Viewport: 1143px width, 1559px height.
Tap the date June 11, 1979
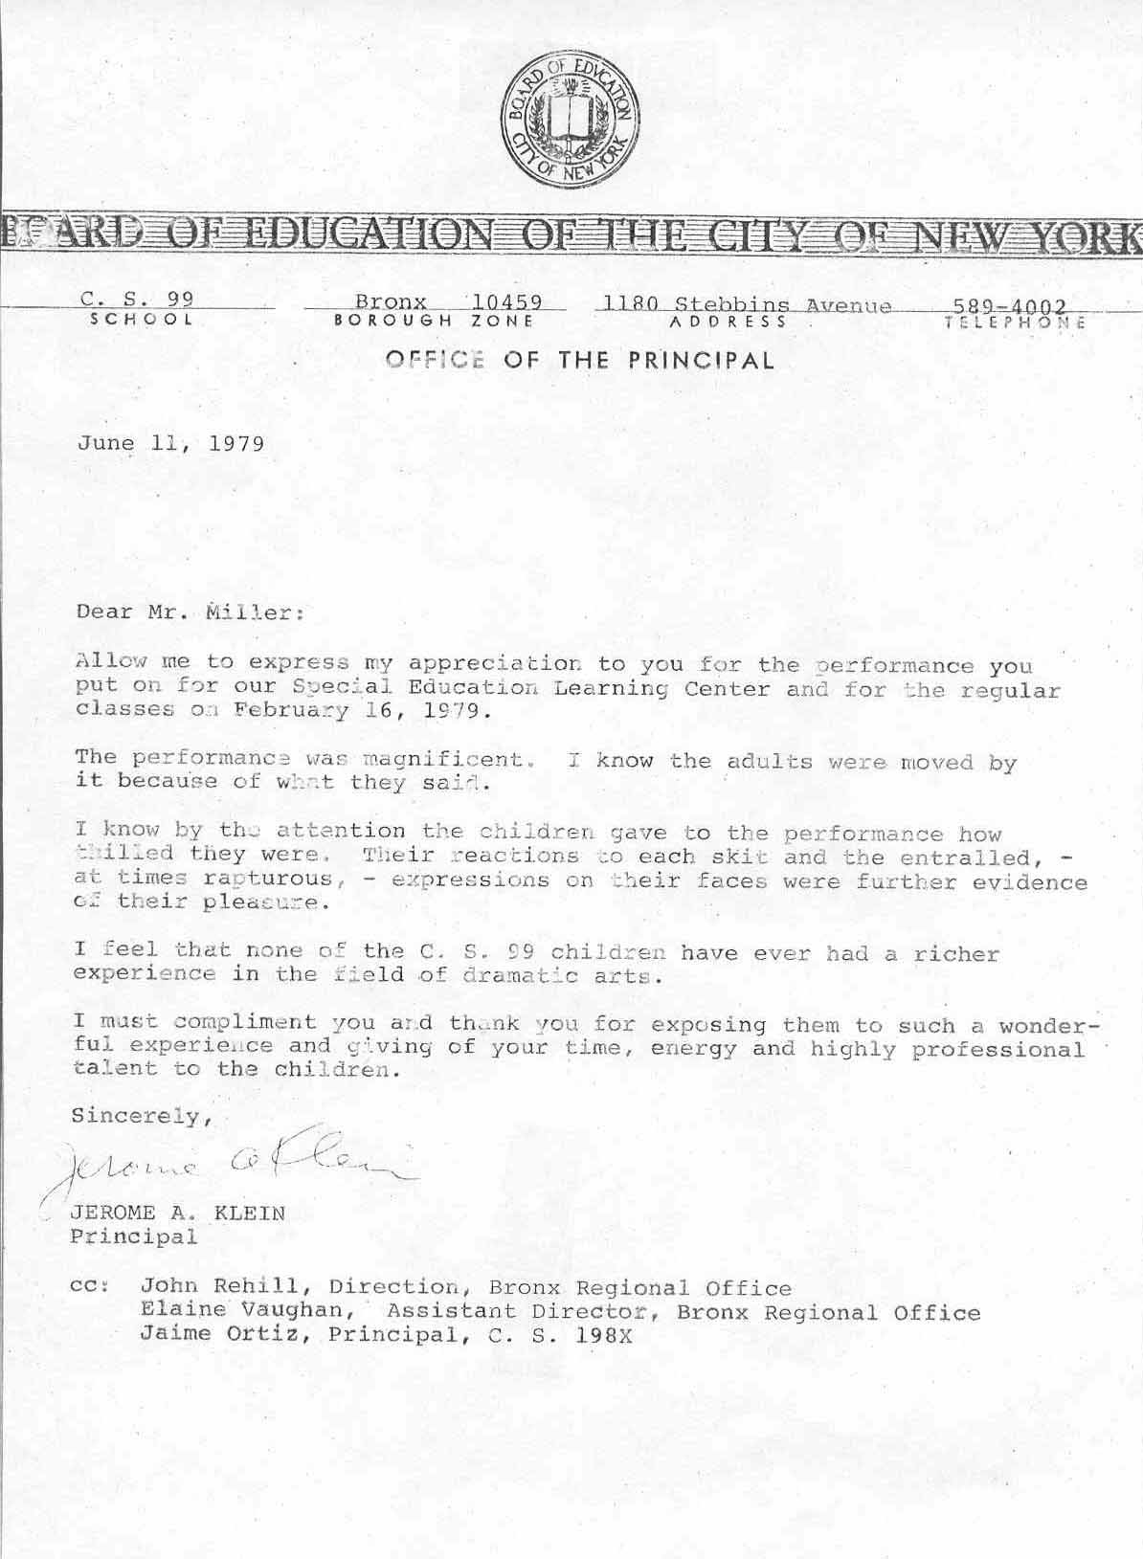[170, 444]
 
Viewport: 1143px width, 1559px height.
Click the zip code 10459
[506, 302]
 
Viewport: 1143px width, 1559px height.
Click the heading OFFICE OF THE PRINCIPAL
[579, 361]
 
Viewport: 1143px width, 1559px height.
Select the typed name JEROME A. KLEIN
[178, 1214]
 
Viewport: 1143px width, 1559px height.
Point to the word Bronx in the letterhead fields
[391, 302]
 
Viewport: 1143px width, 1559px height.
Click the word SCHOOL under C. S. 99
[142, 321]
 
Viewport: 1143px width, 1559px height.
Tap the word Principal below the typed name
[134, 1236]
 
